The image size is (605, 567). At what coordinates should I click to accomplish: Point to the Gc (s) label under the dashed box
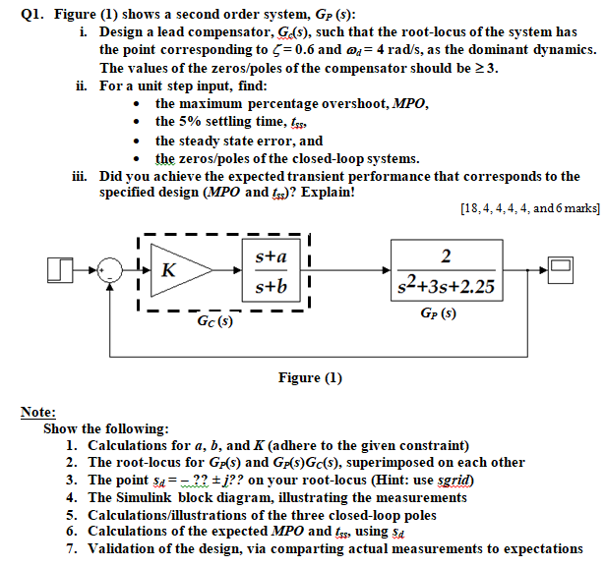pos(213,320)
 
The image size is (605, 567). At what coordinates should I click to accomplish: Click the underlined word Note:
pos(38,414)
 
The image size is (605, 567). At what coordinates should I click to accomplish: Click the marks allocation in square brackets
pos(528,208)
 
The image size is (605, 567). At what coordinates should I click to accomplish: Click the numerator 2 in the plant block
pos(447,257)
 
